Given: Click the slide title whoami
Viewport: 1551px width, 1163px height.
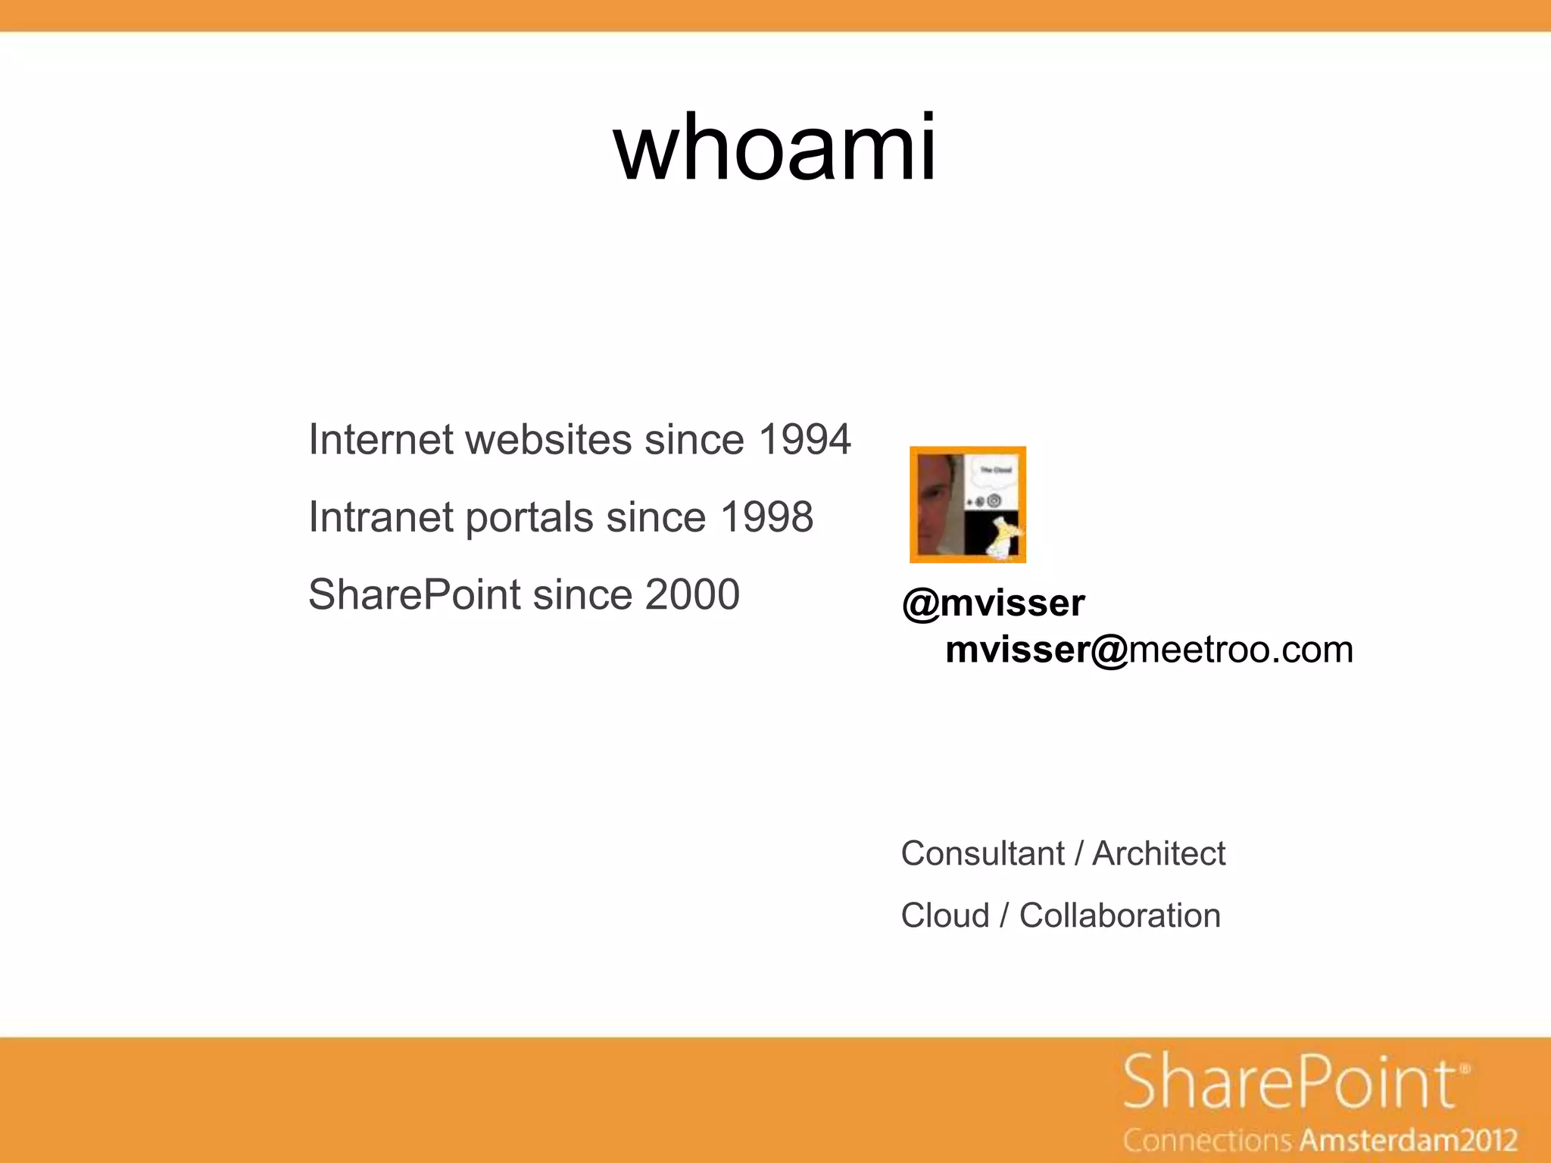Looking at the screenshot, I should tap(775, 147).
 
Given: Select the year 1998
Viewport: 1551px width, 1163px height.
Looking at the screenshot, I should tap(766, 518).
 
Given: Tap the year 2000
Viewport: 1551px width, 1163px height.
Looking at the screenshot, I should tap(692, 595).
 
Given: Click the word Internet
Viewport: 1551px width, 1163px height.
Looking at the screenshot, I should tap(381, 440).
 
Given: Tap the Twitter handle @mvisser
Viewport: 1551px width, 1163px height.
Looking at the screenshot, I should tap(993, 603).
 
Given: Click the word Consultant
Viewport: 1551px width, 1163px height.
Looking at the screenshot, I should tap(982, 854).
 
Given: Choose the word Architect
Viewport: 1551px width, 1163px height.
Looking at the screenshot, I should tap(1159, 854).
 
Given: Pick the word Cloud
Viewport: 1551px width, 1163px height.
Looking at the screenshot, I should tap(945, 916).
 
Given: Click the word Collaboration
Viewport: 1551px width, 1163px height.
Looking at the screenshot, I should tap(1119, 916).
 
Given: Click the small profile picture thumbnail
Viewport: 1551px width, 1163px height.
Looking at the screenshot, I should tap(968, 505).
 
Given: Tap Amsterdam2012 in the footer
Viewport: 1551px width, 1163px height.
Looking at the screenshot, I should tap(1409, 1140).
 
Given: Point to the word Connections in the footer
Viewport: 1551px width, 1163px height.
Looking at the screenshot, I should tap(1208, 1140).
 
